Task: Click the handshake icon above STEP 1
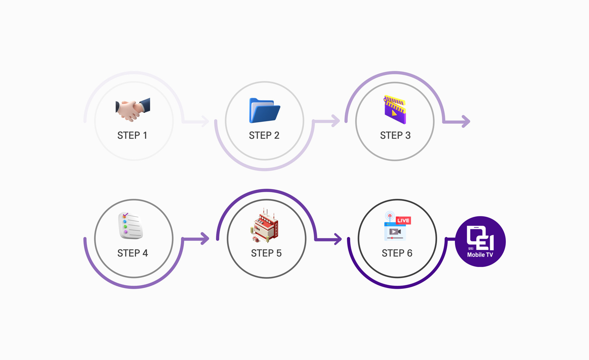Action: [133, 110]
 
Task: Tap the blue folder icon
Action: [265, 110]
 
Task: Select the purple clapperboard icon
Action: [395, 110]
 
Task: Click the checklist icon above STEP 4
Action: [130, 226]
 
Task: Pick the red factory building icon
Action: [264, 226]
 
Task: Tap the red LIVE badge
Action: [403, 220]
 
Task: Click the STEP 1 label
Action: [132, 135]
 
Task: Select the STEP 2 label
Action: [264, 135]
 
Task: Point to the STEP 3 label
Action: [395, 135]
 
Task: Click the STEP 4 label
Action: [133, 253]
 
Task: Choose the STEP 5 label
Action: [266, 253]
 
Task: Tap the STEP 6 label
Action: [397, 253]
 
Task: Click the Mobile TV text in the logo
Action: [480, 255]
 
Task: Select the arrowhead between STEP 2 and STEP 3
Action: [336, 121]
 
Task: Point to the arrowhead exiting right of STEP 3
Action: [466, 122]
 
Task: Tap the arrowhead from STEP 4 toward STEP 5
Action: [205, 238]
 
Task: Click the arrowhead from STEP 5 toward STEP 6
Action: [338, 239]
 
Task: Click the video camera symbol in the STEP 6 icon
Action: [395, 232]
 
